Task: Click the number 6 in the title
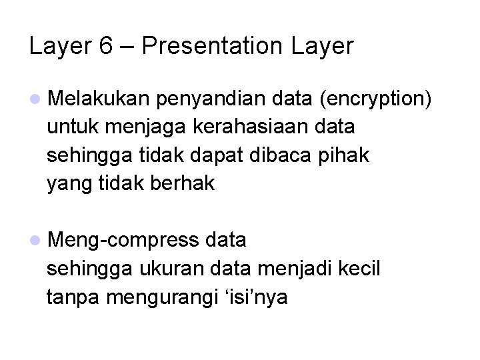tap(104, 46)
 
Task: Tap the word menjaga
tap(155, 127)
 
